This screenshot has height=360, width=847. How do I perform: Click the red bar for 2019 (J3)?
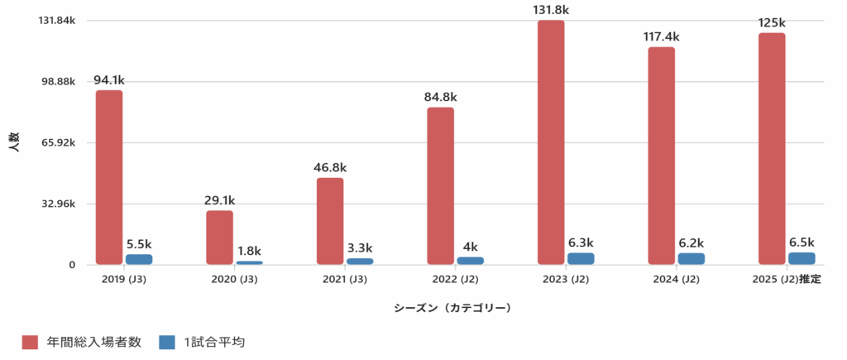pyautogui.click(x=108, y=177)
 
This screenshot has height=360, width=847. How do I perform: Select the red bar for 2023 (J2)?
pyautogui.click(x=551, y=142)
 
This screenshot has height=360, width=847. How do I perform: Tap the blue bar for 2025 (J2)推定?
pyautogui.click(x=802, y=258)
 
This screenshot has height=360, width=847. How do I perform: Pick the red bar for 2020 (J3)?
pyautogui.click(x=219, y=238)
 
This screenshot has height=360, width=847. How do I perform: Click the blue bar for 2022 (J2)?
pyautogui.click(x=470, y=261)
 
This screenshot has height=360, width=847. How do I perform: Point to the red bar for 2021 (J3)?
pyautogui.click(x=330, y=221)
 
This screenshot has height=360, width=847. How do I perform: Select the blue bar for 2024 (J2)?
pyautogui.click(x=691, y=258)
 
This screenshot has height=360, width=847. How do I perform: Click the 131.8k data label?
pyautogui.click(x=551, y=10)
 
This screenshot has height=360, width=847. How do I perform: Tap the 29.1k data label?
pyautogui.click(x=219, y=200)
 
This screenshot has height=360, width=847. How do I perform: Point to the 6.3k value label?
pyautogui.click(x=581, y=242)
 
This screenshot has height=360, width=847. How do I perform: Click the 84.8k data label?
pyautogui.click(x=440, y=97)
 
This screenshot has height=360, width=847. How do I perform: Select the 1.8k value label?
pyautogui.click(x=249, y=251)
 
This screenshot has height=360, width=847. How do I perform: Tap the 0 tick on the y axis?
pyautogui.click(x=72, y=265)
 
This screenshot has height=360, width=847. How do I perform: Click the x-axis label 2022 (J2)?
pyautogui.click(x=455, y=280)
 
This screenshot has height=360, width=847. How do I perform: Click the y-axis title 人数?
pyautogui.click(x=14, y=142)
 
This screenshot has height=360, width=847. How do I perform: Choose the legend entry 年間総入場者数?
pyautogui.click(x=87, y=342)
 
